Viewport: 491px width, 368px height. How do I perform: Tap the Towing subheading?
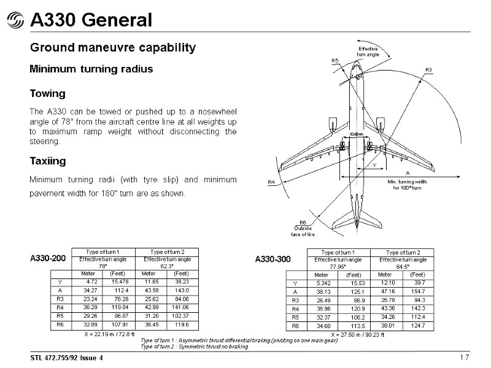[48, 94]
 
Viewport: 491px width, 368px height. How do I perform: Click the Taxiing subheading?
[48, 161]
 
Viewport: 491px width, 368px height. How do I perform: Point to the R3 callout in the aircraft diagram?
[429, 70]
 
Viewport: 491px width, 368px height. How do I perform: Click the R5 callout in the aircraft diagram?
[335, 60]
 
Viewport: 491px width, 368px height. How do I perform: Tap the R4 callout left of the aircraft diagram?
[271, 182]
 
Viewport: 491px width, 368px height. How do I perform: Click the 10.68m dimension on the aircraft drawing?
[356, 134]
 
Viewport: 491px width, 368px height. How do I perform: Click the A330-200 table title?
[48, 259]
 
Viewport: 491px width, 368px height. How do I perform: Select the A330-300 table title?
[273, 260]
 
